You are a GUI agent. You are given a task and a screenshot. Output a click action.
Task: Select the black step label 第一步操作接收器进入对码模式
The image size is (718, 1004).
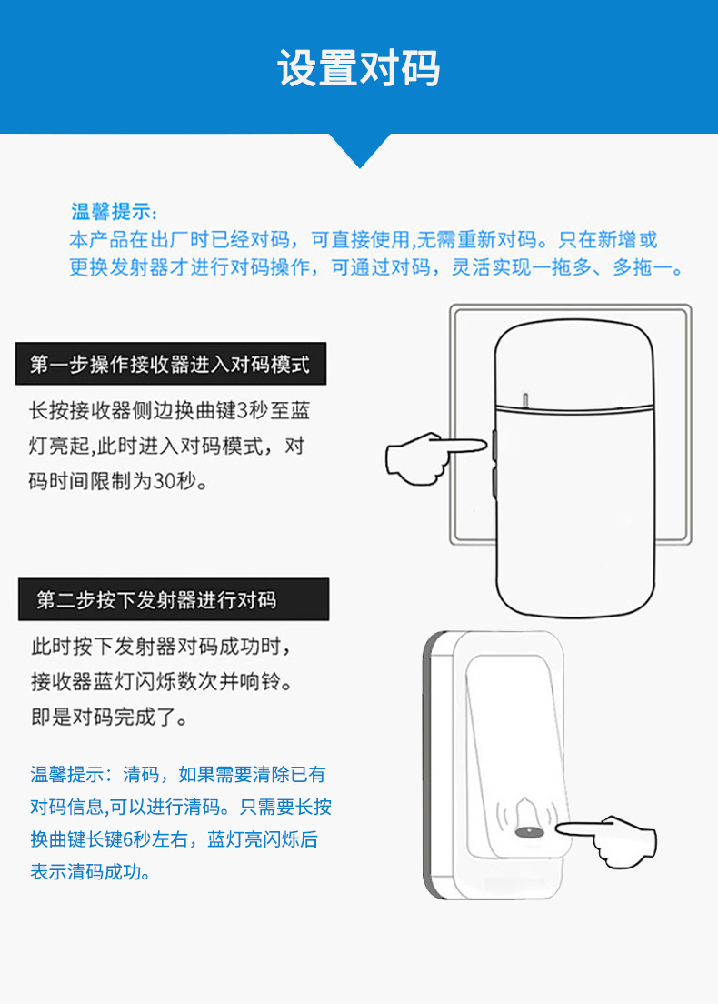tap(170, 365)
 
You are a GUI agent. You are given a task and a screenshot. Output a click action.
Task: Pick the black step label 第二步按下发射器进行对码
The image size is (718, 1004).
tap(156, 600)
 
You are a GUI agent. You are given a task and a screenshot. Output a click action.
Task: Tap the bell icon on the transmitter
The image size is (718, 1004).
tap(525, 818)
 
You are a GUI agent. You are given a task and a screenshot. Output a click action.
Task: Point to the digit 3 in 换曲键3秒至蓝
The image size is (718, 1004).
tap(241, 410)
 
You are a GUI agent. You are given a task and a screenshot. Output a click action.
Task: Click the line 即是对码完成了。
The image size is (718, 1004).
tap(110, 717)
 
